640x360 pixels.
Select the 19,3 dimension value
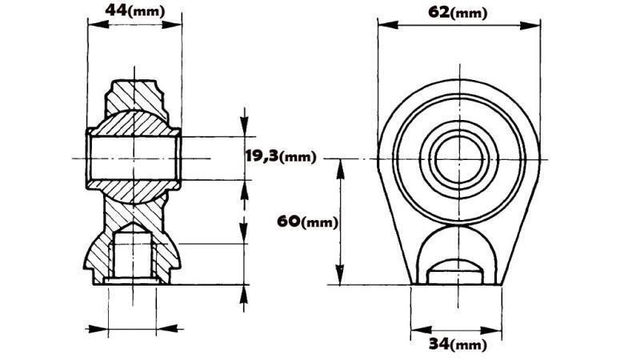pyautogui.click(x=262, y=157)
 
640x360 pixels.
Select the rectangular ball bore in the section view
pyautogui.click(x=134, y=157)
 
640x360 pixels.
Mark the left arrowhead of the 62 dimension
pyautogui.click(x=383, y=24)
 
